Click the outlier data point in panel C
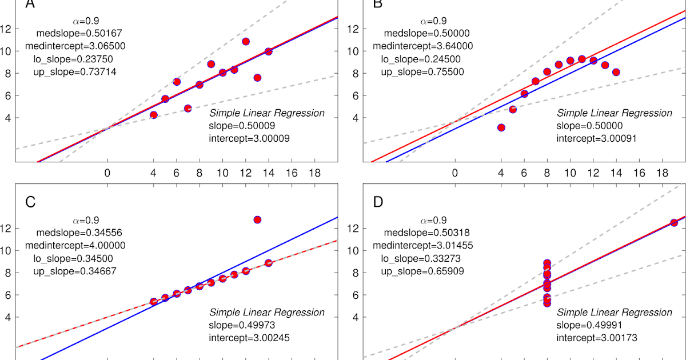[x=257, y=219]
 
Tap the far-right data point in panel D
[x=674, y=223]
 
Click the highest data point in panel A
[x=245, y=41]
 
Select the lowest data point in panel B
[x=501, y=127]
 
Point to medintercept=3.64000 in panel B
[x=422, y=46]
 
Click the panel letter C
[x=31, y=201]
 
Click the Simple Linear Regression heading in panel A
[x=267, y=113]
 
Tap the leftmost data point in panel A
[x=153, y=115]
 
